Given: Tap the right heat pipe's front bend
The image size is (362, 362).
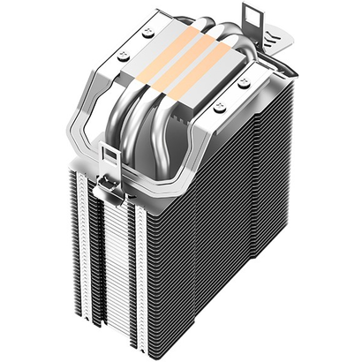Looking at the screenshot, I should pos(172,159).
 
